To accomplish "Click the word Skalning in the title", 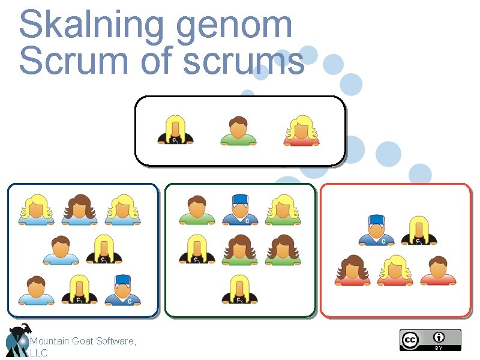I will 91,25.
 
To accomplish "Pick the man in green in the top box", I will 238,131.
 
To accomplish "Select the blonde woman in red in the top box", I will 301,131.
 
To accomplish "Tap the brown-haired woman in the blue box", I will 79,210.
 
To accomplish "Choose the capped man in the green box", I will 239,210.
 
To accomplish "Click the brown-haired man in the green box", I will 196,211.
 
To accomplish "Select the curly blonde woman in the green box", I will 283,210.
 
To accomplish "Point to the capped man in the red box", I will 376,230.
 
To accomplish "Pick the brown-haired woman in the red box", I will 353,271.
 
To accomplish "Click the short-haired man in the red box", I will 438,271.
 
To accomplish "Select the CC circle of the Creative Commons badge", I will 410,340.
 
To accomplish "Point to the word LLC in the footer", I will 38,353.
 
